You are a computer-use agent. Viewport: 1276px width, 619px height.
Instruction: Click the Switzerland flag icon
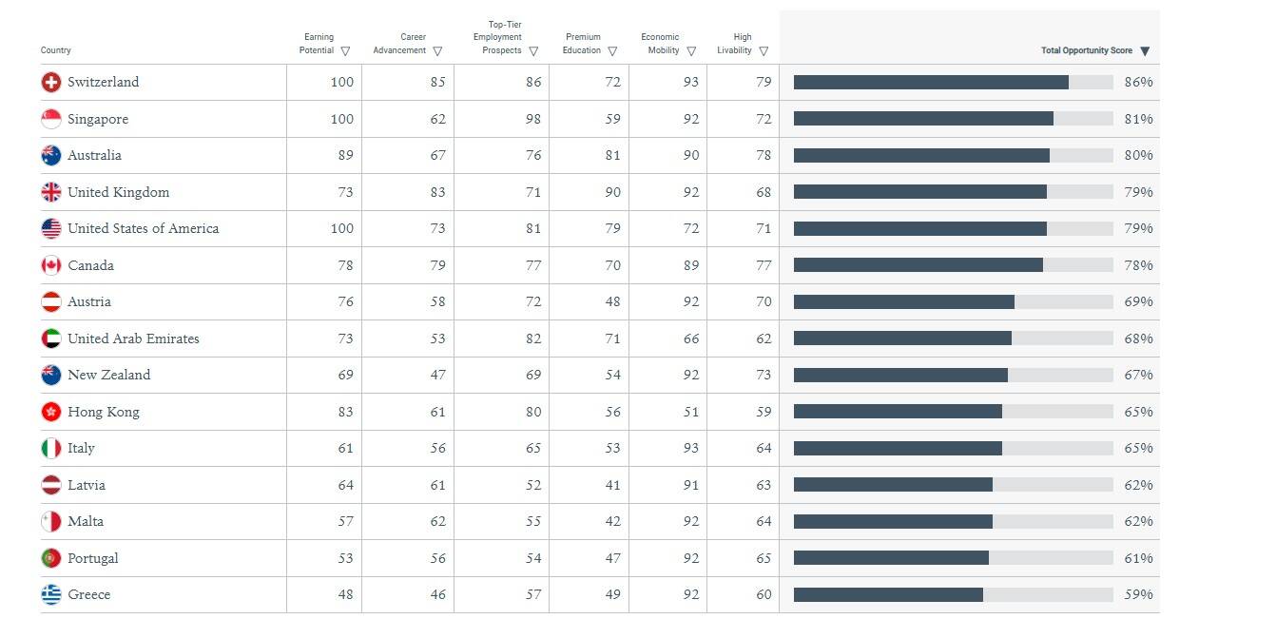click(51, 82)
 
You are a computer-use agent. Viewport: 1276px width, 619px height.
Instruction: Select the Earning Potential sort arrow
click(345, 51)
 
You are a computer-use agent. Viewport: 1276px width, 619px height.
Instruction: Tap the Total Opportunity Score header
click(1086, 50)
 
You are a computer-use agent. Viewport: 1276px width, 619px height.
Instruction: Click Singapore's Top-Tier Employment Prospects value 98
click(533, 119)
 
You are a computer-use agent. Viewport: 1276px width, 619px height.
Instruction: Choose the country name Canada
click(90, 265)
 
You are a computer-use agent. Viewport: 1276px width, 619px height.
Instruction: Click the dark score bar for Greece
click(888, 594)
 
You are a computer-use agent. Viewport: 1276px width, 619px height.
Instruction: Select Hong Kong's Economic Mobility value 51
click(690, 412)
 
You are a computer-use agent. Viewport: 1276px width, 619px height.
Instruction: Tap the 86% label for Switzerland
click(1138, 82)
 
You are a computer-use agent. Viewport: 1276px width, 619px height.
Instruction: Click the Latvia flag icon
click(51, 485)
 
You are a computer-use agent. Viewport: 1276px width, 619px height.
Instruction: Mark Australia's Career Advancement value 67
click(437, 155)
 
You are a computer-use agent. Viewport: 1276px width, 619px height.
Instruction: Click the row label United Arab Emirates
click(133, 339)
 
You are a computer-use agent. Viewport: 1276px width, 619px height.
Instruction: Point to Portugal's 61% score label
click(1138, 558)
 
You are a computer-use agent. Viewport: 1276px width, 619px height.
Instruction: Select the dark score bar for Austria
click(904, 301)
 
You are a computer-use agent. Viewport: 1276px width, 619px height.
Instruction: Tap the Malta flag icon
click(51, 522)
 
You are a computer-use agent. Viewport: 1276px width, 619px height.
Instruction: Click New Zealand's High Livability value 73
click(764, 375)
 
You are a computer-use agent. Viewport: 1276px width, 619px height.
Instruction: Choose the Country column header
click(56, 50)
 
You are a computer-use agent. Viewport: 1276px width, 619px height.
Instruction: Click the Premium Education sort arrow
click(612, 51)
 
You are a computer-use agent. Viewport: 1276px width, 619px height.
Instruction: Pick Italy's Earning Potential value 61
click(345, 448)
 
